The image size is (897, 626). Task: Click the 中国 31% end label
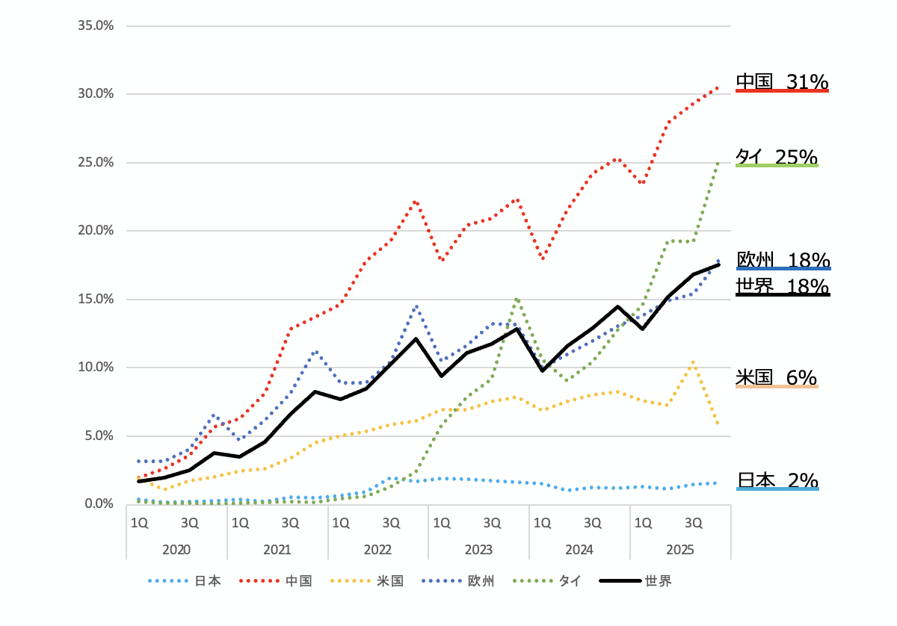(x=782, y=81)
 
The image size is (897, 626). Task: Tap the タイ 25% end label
(x=777, y=156)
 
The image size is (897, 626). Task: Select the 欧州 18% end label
(x=783, y=259)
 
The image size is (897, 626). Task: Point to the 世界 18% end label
(x=783, y=285)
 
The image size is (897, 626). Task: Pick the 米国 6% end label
(x=776, y=377)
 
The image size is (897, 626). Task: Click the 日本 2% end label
(x=777, y=480)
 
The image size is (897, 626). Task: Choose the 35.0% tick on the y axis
(x=96, y=25)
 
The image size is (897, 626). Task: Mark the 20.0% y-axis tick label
(x=96, y=230)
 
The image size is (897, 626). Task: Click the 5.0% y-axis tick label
(x=99, y=436)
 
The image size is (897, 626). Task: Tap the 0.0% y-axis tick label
(x=99, y=503)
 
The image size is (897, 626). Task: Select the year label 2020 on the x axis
(x=176, y=549)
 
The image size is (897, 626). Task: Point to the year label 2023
(x=478, y=549)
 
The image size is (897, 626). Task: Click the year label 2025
(x=680, y=549)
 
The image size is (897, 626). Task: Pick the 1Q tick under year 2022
(x=341, y=521)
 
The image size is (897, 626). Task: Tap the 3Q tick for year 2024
(x=593, y=521)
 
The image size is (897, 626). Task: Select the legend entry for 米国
(x=389, y=580)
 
